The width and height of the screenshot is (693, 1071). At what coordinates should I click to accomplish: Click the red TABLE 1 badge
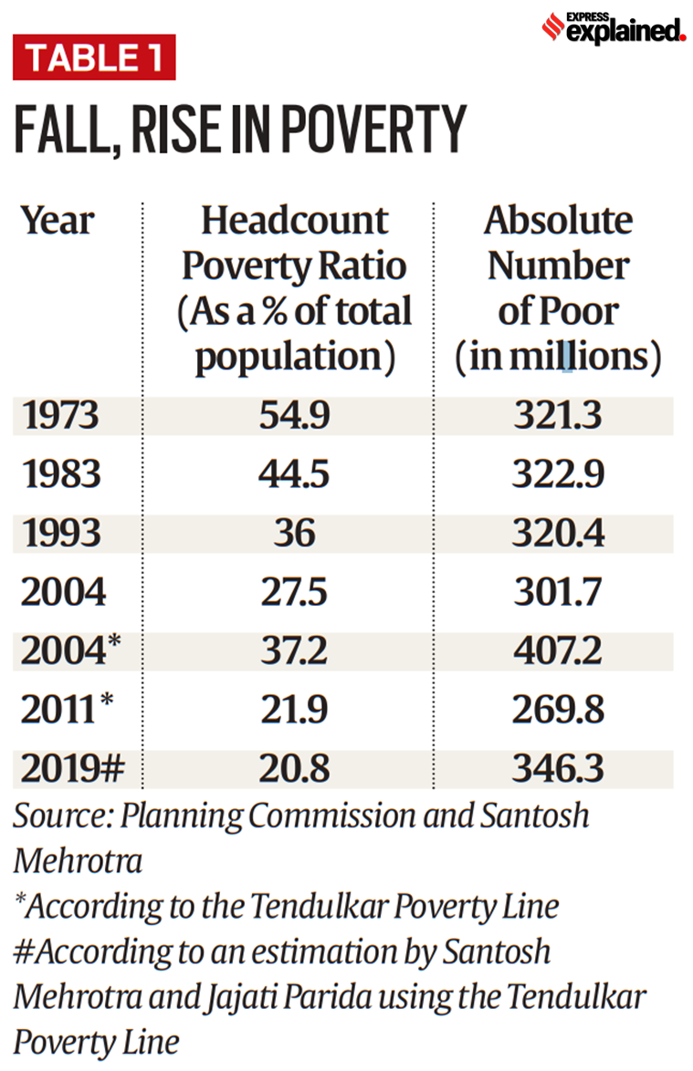click(x=94, y=57)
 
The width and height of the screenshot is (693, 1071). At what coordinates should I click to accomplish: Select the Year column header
click(x=58, y=221)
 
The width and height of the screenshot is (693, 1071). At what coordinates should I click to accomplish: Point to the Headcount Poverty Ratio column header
click(x=294, y=288)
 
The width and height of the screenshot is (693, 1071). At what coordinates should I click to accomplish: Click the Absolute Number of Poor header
click(x=558, y=288)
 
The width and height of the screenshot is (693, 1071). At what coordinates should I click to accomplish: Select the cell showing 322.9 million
click(x=558, y=475)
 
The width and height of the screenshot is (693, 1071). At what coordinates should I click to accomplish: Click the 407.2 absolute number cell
click(x=558, y=651)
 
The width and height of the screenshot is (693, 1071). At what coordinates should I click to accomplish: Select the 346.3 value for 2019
click(x=558, y=769)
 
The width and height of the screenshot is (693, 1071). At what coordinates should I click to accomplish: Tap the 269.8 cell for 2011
click(x=558, y=710)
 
